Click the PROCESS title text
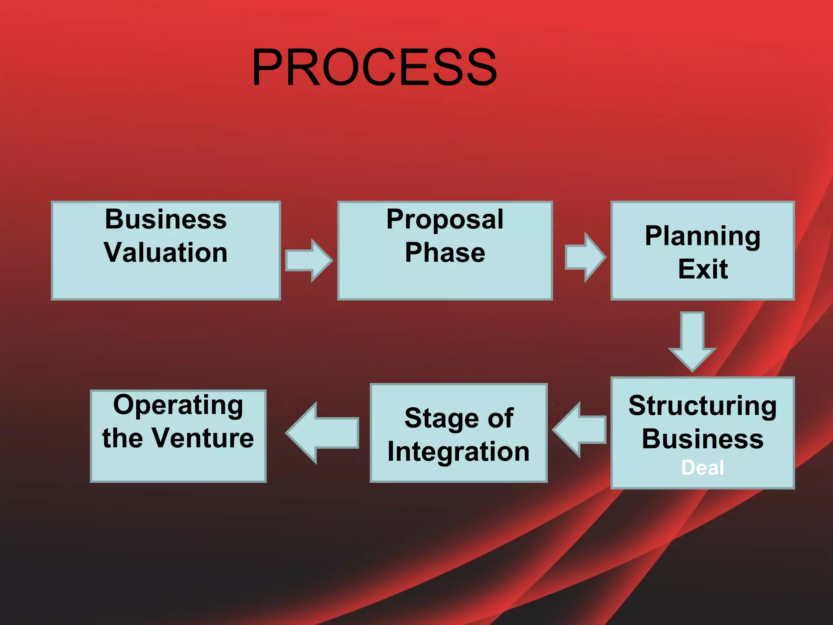(374, 67)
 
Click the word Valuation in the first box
(166, 252)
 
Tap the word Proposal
(445, 220)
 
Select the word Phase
(445, 252)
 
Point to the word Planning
(702, 236)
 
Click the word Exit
(702, 269)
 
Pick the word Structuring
(702, 406)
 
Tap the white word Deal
(702, 468)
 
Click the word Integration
(458, 452)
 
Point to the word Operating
(178, 405)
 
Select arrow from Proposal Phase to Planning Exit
(585, 258)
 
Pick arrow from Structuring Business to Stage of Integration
(580, 430)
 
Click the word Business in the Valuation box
(166, 220)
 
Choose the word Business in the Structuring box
(702, 439)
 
